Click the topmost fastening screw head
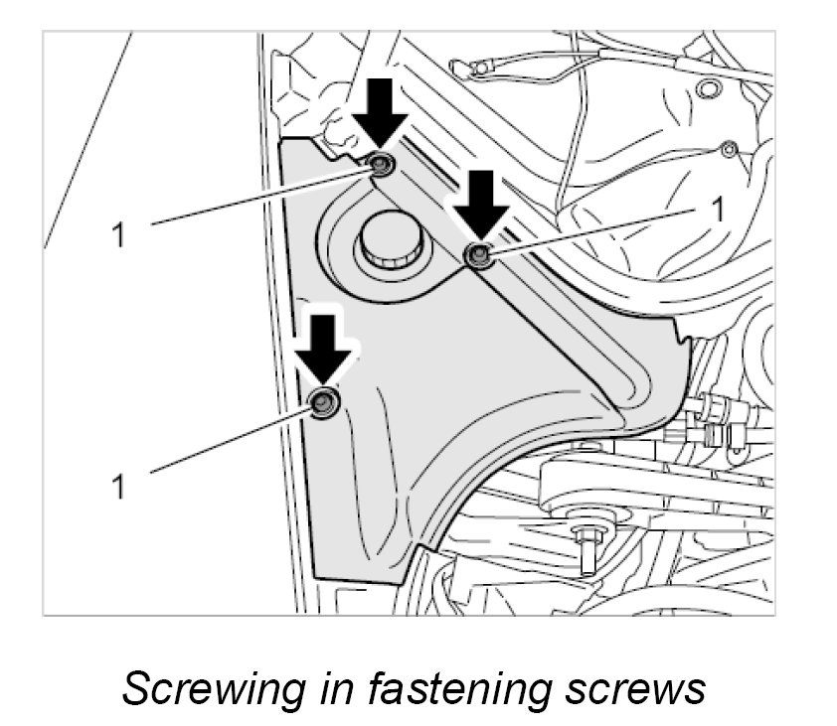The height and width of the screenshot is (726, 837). [x=382, y=165]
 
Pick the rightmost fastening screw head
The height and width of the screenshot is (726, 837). [x=479, y=255]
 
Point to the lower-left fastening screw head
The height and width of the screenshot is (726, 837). [x=324, y=402]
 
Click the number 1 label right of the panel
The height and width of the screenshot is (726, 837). [x=712, y=210]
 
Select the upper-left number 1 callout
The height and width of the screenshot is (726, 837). [x=120, y=235]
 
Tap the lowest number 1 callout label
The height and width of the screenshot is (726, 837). [x=120, y=486]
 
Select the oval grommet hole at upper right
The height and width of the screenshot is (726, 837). [x=708, y=90]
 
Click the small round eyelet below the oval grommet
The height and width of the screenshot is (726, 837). [x=730, y=149]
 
